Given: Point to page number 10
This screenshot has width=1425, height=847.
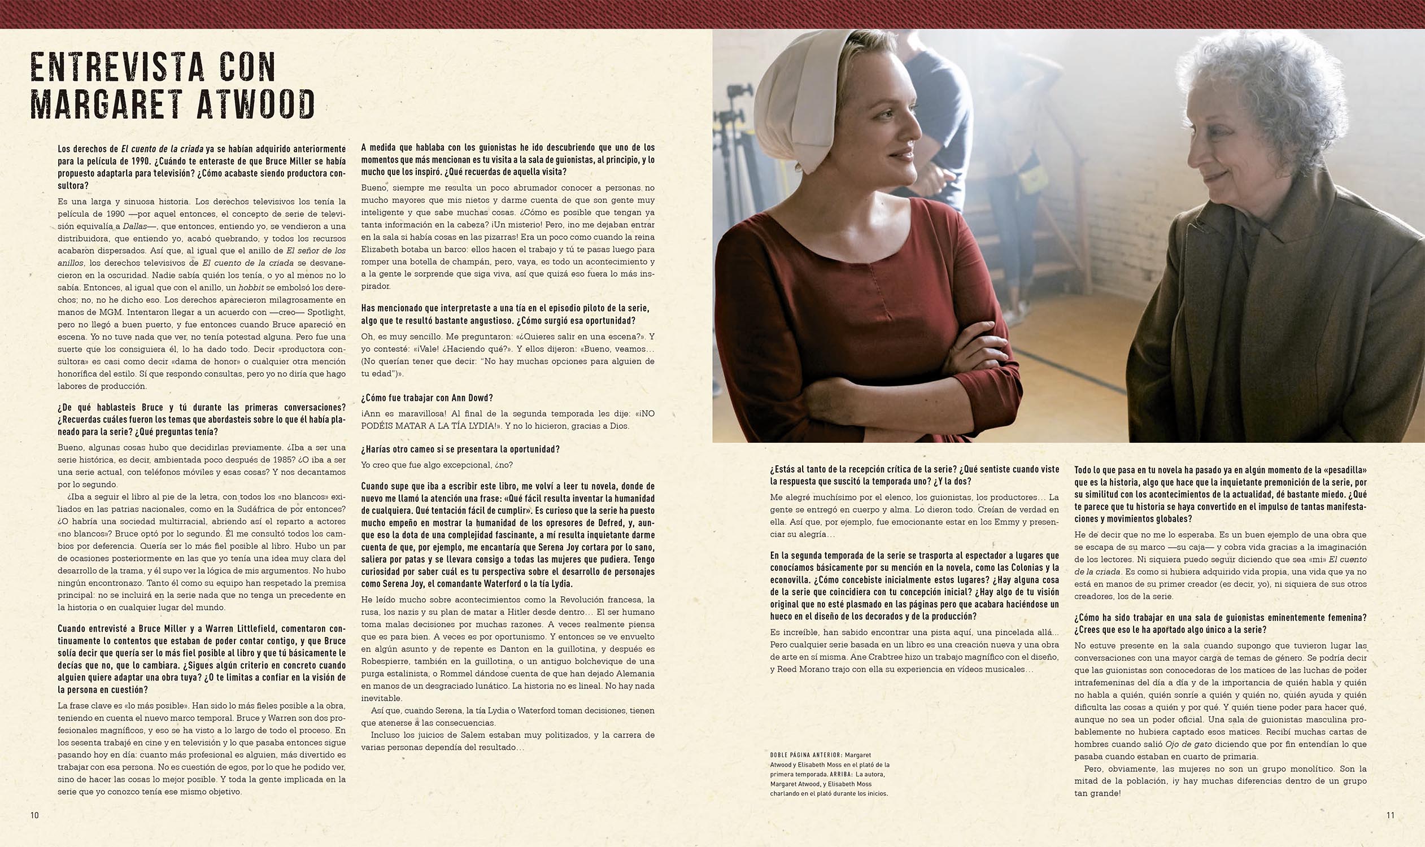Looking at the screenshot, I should [34, 815].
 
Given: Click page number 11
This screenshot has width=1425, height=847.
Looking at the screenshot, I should [1390, 815].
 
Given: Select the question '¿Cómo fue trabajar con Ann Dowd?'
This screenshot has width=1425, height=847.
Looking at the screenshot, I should [426, 398].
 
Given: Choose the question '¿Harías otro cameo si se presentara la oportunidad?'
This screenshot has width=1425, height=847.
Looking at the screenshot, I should [460, 449].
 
